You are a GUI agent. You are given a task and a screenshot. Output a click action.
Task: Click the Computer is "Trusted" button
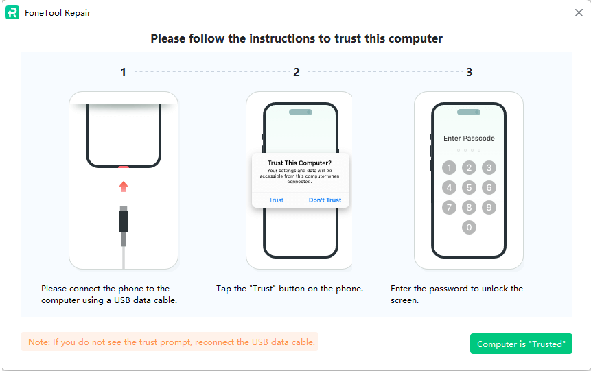point(521,344)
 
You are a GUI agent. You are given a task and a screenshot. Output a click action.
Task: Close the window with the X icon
point(579,13)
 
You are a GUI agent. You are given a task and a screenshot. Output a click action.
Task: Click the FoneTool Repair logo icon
point(12,12)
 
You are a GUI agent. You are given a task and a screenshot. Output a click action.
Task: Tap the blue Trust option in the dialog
point(276,200)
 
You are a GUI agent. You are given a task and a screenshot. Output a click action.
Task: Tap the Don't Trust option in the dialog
point(325,200)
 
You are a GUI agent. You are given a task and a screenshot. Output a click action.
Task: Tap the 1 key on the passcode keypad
point(449,167)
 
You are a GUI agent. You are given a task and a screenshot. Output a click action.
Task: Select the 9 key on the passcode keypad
point(489,207)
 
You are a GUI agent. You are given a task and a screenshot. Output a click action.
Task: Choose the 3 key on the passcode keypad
point(489,167)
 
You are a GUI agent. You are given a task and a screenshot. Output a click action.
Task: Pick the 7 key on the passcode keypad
point(449,207)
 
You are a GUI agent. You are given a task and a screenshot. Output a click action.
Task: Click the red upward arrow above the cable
point(124,187)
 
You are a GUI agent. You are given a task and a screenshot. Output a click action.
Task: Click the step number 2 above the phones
point(297,72)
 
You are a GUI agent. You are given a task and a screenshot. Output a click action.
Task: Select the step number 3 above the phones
point(470,72)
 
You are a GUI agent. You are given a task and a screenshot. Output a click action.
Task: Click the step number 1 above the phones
point(124,72)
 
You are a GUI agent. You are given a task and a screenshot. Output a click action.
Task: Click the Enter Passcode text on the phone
point(469,139)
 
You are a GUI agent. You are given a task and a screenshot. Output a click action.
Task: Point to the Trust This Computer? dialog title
point(299,163)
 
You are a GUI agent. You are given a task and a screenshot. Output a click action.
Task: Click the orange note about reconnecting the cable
point(171,342)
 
